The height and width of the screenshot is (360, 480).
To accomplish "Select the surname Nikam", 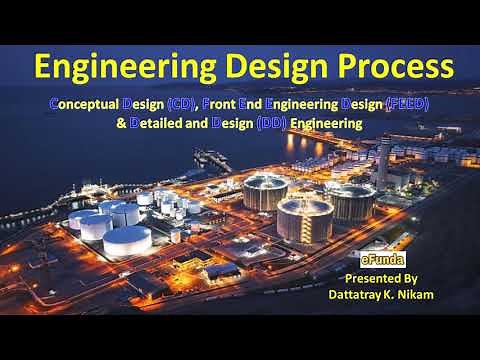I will (x=430, y=296).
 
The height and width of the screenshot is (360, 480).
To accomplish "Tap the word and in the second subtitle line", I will (x=207, y=125).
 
